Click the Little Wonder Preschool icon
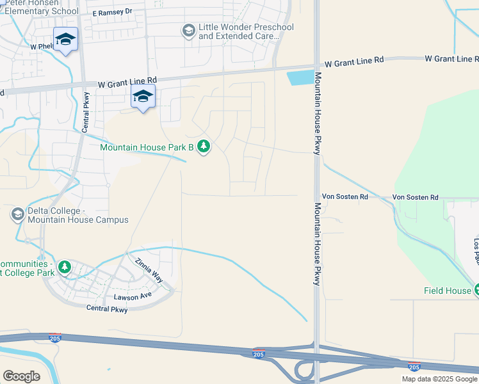(x=188, y=31)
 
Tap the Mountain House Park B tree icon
(x=204, y=147)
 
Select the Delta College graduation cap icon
(x=18, y=214)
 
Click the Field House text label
(x=447, y=291)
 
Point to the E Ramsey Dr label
(x=112, y=12)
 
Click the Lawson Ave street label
(x=133, y=296)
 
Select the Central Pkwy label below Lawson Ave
(x=107, y=309)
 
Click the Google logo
(x=22, y=376)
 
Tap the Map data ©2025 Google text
(x=439, y=379)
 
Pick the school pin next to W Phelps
(x=65, y=40)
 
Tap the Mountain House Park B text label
(x=147, y=148)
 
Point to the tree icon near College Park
(x=64, y=267)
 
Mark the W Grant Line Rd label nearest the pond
(x=353, y=63)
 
